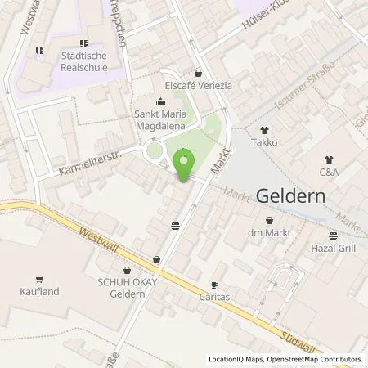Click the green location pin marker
pyautogui.click(x=185, y=164)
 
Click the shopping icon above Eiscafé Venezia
pyautogui.click(x=199, y=72)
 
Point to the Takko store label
pyautogui.click(x=265, y=142)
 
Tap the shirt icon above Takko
pyautogui.click(x=264, y=129)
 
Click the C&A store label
pyautogui.click(x=330, y=173)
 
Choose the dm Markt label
pyautogui.click(x=270, y=232)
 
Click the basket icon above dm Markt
pyautogui.click(x=270, y=219)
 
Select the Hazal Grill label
pyautogui.click(x=330, y=246)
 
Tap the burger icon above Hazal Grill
pyautogui.click(x=330, y=233)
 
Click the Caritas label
pyautogui.click(x=215, y=298)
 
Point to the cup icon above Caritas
pyautogui.click(x=215, y=285)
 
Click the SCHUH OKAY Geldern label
pyautogui.click(x=127, y=288)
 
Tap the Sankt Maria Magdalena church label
pyautogui.click(x=159, y=121)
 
